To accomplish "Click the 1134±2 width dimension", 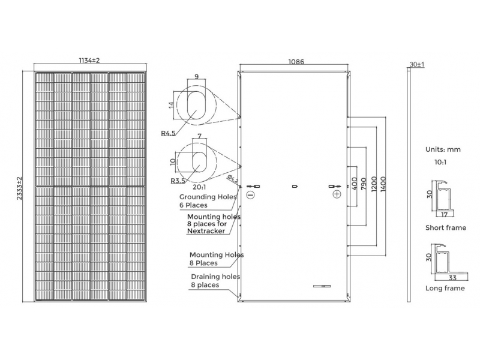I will pyautogui.click(x=89, y=61).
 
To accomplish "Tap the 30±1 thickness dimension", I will pyautogui.click(x=416, y=64).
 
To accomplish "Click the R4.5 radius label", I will pyautogui.click(x=169, y=133).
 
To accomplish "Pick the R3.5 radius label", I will pyautogui.click(x=178, y=181).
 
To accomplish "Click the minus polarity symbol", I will pyautogui.click(x=250, y=194).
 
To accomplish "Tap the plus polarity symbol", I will pyautogui.click(x=337, y=194).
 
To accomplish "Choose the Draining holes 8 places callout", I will pyautogui.click(x=215, y=281).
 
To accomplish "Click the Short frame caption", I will pyautogui.click(x=445, y=228).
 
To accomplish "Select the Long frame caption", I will pyautogui.click(x=445, y=289).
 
